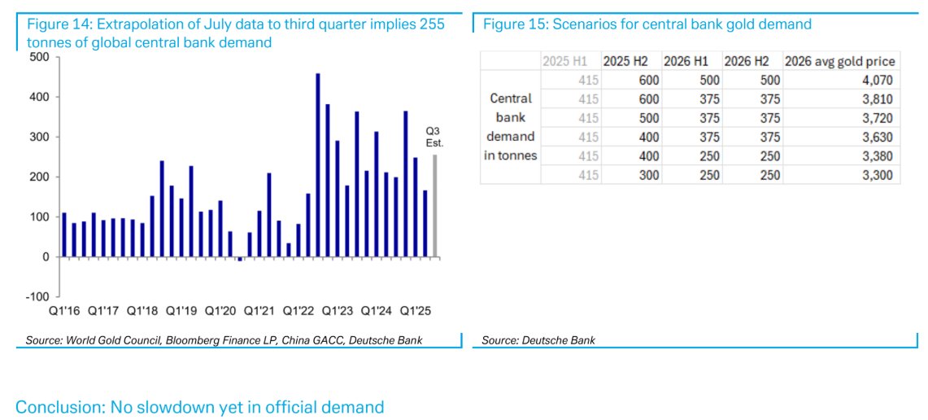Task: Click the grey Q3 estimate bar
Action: pos(435,206)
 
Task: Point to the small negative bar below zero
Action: pos(240,259)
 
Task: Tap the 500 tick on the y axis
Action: pos(40,57)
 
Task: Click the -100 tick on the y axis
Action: pos(37,296)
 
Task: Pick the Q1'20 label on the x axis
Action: pos(219,311)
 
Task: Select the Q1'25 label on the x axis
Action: pos(415,311)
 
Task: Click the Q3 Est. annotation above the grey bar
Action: pos(434,137)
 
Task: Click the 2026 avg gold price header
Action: pos(841,62)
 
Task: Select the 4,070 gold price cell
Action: pos(878,81)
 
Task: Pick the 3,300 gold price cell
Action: pos(878,175)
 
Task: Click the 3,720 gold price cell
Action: pos(878,118)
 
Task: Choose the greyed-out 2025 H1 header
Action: pos(570,62)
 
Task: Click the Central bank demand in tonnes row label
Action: pos(511,127)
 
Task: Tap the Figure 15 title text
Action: pos(647,24)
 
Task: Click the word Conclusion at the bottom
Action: pos(56,407)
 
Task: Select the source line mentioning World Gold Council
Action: pos(219,340)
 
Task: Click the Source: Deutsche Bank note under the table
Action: pos(538,340)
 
